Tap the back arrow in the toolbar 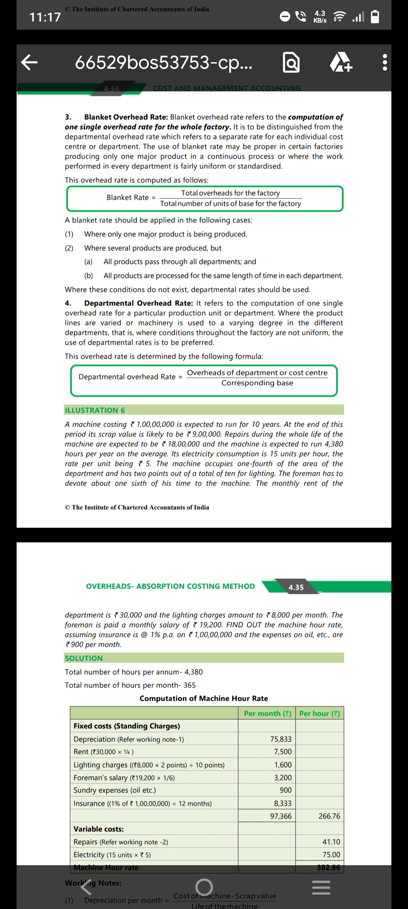pos(29,62)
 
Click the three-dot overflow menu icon pos(385,62)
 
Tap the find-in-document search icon pos(291,63)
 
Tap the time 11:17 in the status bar pos(45,17)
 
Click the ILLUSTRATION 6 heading pos(95,410)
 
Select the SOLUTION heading pos(84,658)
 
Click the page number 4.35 pos(296,587)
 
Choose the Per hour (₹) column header pos(320,713)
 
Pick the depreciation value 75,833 pos(281,739)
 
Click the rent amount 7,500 pos(283,752)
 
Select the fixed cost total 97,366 pos(281,816)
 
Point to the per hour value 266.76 pos(329,816)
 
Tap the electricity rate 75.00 pos(331,855)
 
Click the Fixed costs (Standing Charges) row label pos(127,726)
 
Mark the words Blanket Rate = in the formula pos(131,198)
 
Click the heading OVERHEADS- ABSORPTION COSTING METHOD pos(170,586)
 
